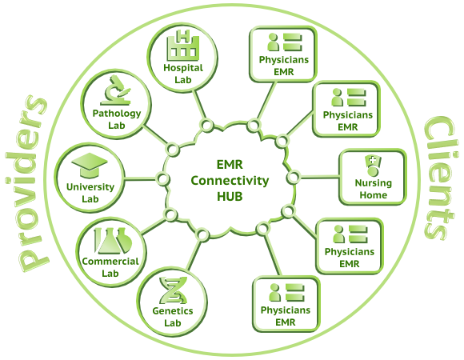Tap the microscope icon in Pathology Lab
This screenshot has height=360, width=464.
pos(116,90)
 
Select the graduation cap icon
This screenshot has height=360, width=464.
pos(90,166)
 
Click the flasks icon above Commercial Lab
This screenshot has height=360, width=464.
pos(113,241)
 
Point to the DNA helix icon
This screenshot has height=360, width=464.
pos(173,290)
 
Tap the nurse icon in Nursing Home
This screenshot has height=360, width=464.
pos(373,166)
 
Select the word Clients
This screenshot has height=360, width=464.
pos(439,178)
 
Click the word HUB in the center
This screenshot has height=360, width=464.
pos(230,197)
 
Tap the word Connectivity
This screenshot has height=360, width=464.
pos(230,181)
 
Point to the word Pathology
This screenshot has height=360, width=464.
pos(117,114)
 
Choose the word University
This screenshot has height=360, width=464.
pos(90,187)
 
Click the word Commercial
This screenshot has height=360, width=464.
pos(110,262)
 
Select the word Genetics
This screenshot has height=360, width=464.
pos(173,311)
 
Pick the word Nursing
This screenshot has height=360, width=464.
pos(373,183)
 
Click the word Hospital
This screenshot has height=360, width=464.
pos(183,68)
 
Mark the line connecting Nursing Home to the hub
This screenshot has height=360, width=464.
pos(319,177)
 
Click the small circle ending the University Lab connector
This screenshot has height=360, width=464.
pos(162,178)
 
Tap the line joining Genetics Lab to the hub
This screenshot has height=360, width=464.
pos(194,254)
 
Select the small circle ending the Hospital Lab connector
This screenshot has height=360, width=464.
pos(207,125)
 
